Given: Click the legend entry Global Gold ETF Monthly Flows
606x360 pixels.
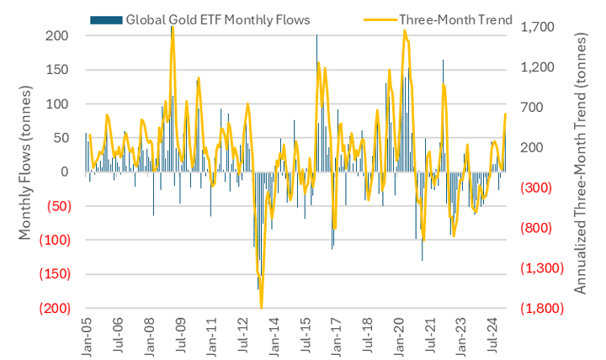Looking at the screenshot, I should click(x=217, y=19).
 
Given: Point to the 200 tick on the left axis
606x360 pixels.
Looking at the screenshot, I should click(x=57, y=35).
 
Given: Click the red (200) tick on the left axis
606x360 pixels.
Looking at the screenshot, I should click(x=52, y=308).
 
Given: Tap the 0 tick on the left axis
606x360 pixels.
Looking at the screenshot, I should click(x=64, y=172).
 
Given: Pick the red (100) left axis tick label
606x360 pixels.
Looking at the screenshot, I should click(x=52, y=240).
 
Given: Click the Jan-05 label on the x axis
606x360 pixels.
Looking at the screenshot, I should click(x=87, y=335).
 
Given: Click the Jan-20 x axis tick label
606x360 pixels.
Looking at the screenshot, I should click(x=399, y=335).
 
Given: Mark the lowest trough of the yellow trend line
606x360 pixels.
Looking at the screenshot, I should click(x=262, y=306).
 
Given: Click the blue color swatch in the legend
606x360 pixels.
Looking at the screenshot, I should click(x=106, y=19).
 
